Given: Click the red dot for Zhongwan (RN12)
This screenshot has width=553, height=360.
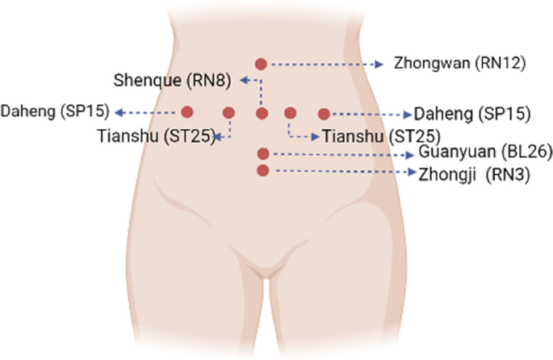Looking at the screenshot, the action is click(x=261, y=65).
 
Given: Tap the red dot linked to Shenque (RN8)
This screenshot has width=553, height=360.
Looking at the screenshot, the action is click(x=262, y=114).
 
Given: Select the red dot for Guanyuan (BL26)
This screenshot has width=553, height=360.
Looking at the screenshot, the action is click(x=263, y=153).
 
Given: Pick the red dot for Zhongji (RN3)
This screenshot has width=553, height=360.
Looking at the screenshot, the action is click(x=262, y=170).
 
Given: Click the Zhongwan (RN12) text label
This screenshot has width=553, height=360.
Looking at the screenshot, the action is click(x=459, y=63).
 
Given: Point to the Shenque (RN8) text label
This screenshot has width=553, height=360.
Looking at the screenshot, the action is click(x=172, y=81).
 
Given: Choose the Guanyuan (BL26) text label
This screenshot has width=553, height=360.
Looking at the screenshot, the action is click(x=485, y=152).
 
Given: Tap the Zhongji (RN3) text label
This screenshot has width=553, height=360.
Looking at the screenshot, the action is click(x=474, y=174).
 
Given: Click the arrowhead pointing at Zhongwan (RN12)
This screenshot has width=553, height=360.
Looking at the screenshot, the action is click(x=379, y=65).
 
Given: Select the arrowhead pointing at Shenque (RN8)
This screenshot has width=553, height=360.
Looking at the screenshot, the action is click(x=244, y=81).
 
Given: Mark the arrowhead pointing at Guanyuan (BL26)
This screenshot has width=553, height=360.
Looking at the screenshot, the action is click(x=410, y=155).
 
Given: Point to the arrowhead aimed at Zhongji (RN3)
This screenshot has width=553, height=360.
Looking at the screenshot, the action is click(x=413, y=172).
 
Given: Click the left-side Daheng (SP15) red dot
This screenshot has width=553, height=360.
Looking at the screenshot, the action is click(x=187, y=112).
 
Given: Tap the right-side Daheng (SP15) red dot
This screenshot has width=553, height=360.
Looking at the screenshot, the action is click(x=324, y=114).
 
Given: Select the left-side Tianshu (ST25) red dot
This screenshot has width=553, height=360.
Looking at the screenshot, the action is click(x=229, y=113).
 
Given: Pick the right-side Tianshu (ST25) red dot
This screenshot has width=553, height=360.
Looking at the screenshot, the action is click(x=291, y=113).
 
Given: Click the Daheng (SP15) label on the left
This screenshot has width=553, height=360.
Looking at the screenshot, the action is click(x=55, y=111).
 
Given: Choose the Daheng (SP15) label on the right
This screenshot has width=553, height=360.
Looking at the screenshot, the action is click(x=472, y=114).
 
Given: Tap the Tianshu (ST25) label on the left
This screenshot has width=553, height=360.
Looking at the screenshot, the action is click(x=157, y=136).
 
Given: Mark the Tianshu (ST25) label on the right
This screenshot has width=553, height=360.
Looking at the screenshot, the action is click(x=382, y=136).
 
